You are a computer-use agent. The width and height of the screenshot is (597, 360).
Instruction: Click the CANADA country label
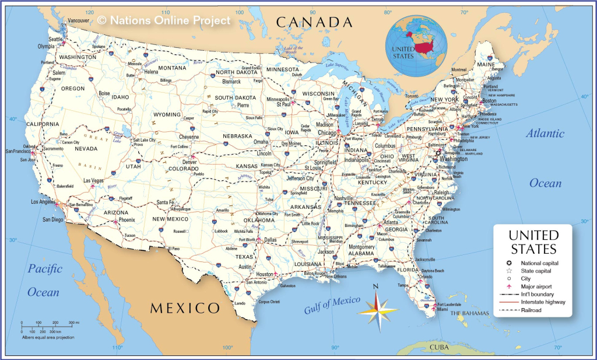(314, 22)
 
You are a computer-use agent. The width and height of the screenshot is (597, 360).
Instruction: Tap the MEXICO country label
(185, 308)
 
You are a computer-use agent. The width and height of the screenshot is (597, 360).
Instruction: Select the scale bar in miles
(50, 323)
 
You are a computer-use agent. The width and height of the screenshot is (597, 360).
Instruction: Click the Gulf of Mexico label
(332, 305)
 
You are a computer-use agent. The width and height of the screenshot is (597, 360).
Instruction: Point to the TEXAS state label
(244, 257)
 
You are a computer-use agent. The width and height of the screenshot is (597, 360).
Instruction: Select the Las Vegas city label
(93, 181)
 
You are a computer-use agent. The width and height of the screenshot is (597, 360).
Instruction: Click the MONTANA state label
(172, 68)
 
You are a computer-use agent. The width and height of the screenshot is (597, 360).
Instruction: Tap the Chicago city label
(328, 133)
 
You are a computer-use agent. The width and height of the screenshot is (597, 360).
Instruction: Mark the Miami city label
(443, 310)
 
